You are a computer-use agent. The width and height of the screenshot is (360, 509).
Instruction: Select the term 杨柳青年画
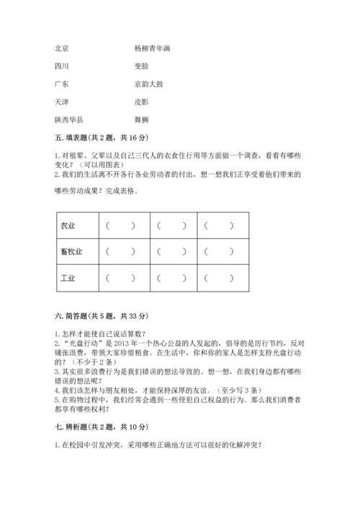pos(152,49)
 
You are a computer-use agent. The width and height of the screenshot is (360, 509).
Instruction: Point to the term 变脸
pos(141,66)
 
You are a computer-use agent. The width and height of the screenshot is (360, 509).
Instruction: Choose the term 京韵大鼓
pos(148,84)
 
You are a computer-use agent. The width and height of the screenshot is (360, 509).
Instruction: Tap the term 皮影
pos(141,102)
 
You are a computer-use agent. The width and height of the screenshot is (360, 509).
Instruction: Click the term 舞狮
pos(141,119)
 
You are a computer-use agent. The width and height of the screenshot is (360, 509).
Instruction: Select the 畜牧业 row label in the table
pos(71,251)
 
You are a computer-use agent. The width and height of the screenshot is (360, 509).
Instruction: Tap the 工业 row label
pos(68,277)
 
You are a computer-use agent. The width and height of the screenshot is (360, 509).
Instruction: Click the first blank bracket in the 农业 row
pos(120,225)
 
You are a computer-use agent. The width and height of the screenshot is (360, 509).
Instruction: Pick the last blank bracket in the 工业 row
pos(219,277)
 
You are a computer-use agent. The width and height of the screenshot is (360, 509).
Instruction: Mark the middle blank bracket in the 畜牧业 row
pos(170,251)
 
